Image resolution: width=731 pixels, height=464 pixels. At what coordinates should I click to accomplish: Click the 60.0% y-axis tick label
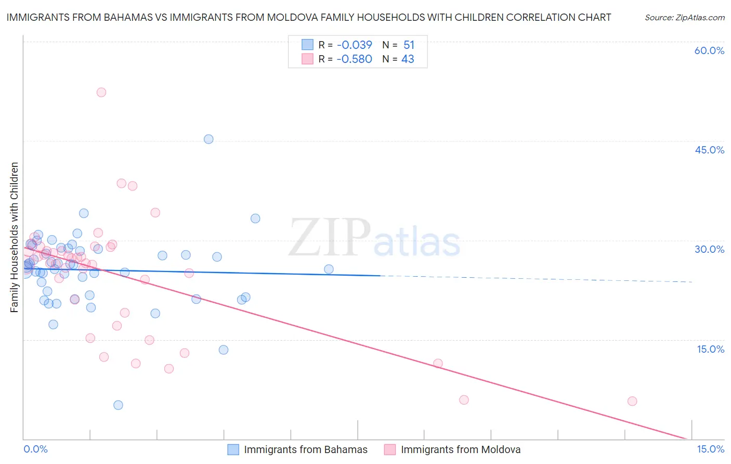pyautogui.click(x=709, y=50)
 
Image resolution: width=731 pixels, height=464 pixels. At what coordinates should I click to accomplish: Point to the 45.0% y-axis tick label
pyautogui.click(x=709, y=150)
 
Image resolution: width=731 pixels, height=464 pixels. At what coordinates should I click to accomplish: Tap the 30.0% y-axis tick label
pyautogui.click(x=709, y=249)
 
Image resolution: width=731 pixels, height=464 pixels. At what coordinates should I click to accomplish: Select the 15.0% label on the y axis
pyautogui.click(x=710, y=349)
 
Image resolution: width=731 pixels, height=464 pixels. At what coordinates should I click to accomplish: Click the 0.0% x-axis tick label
pyautogui.click(x=35, y=449)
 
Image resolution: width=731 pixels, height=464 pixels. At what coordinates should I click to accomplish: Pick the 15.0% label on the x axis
pyautogui.click(x=710, y=449)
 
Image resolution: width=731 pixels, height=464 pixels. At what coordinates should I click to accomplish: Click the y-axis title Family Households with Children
pyautogui.click(x=14, y=237)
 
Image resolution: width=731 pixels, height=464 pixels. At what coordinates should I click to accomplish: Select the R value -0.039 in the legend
pyautogui.click(x=354, y=45)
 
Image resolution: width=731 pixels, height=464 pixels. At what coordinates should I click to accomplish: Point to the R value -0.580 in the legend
pyautogui.click(x=354, y=59)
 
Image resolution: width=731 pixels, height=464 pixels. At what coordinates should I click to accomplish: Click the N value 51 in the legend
pyautogui.click(x=409, y=45)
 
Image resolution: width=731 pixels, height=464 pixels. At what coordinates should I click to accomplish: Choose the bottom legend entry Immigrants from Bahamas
pyautogui.click(x=305, y=449)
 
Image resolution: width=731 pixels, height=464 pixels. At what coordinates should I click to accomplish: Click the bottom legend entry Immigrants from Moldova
pyautogui.click(x=460, y=449)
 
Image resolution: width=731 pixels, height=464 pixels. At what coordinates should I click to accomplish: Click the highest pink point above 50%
pyautogui.click(x=101, y=92)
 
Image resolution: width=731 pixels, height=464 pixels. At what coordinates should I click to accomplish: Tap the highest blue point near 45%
pyautogui.click(x=208, y=139)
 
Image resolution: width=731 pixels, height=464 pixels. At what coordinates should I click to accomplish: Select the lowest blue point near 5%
pyautogui.click(x=118, y=405)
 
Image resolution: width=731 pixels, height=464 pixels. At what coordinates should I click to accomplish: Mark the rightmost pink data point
pyautogui.click(x=632, y=401)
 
